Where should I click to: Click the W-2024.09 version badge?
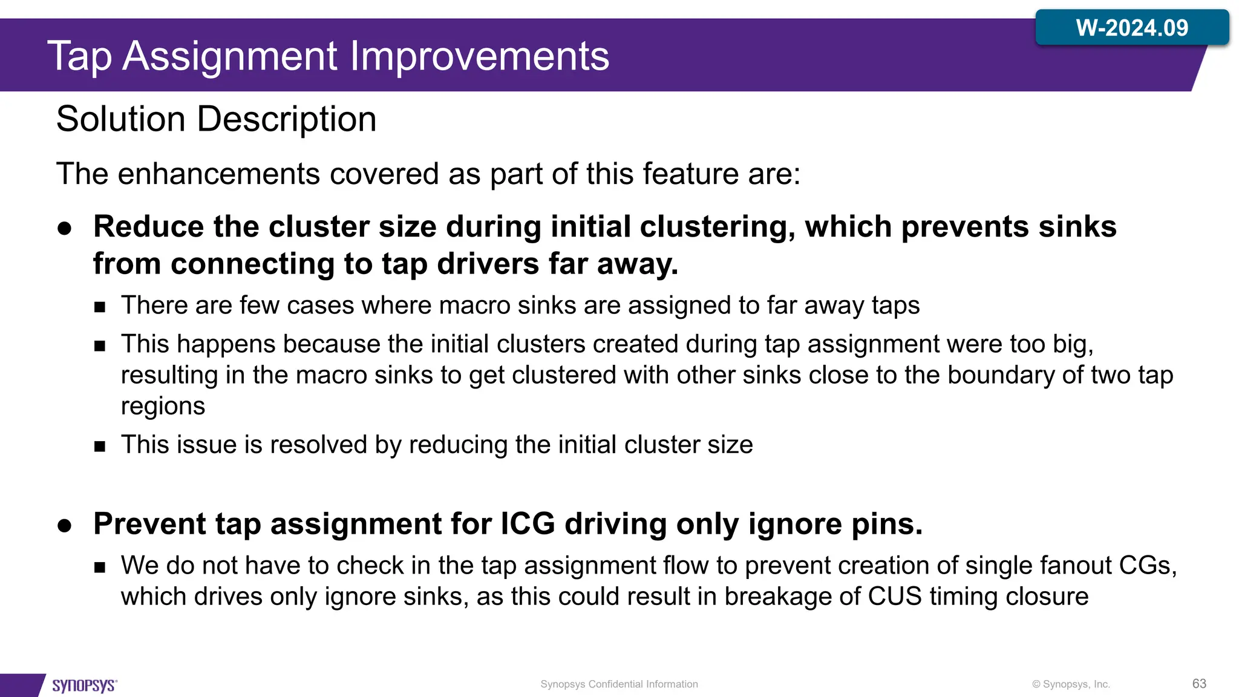point(1131,28)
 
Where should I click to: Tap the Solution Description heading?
point(216,119)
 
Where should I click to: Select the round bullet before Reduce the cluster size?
point(65,229)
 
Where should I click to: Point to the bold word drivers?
point(488,264)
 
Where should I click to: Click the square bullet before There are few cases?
point(100,307)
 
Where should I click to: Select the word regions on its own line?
point(163,407)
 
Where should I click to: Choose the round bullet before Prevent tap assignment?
point(65,525)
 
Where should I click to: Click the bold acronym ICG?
point(528,524)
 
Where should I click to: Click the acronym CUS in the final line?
point(894,597)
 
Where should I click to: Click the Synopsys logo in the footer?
point(84,685)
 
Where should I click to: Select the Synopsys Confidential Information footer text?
point(619,684)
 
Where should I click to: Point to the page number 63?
point(1199,684)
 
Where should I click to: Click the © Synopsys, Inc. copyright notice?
point(1071,684)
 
